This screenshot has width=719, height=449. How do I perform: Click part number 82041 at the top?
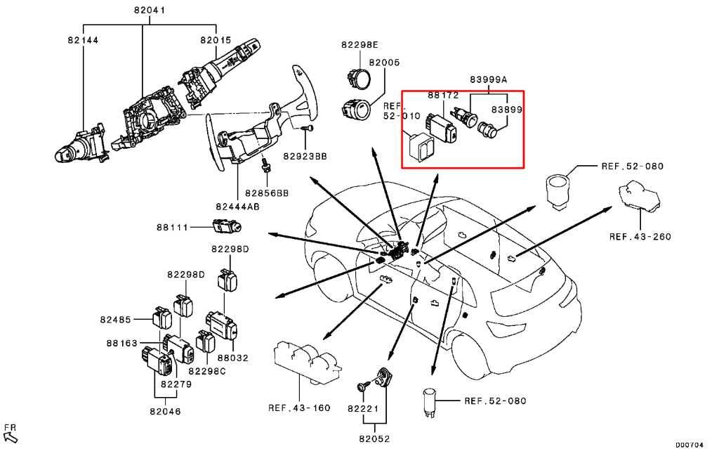point(150,10)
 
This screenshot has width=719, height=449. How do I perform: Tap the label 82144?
point(83,40)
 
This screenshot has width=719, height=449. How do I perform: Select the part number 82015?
point(216,40)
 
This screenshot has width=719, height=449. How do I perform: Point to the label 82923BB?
point(305,156)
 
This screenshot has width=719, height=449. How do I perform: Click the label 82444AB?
point(237,207)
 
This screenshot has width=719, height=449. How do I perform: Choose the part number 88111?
point(173,227)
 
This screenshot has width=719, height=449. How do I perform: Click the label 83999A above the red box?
point(489,79)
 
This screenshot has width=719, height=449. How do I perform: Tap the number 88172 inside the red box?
point(443,95)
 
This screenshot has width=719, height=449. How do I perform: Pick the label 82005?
point(384,62)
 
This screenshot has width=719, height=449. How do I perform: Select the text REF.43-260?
point(640,237)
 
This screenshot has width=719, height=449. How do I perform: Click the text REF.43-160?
point(299,408)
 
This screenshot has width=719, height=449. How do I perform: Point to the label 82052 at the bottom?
point(374,439)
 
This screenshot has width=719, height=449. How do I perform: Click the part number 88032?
point(232,358)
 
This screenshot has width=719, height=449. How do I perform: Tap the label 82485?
point(116,320)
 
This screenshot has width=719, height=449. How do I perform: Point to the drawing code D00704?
point(690,444)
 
